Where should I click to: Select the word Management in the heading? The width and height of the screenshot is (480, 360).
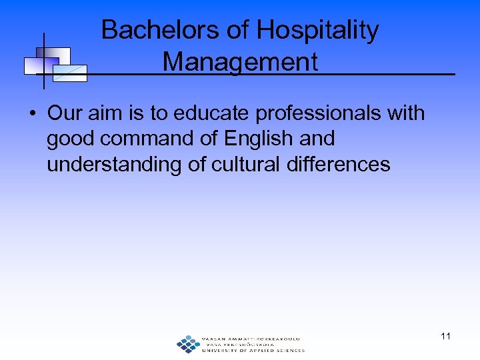(x=240, y=62)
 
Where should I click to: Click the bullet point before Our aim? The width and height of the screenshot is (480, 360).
(x=32, y=114)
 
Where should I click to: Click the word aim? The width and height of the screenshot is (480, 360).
(x=106, y=113)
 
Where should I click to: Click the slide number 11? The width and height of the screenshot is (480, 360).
(x=445, y=336)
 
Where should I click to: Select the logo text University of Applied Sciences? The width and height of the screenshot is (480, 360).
(x=253, y=350)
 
